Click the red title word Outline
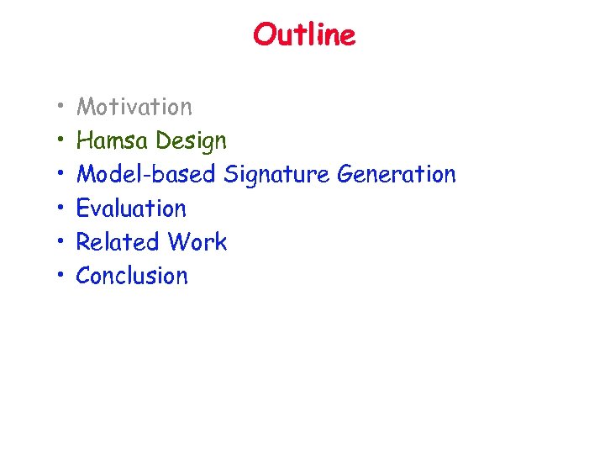pyautogui.click(x=304, y=35)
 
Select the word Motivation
pyautogui.click(x=134, y=107)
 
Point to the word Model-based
pyautogui.click(x=146, y=174)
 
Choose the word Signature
pyautogui.click(x=276, y=175)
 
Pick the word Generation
pyautogui.click(x=396, y=174)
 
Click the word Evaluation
pyautogui.click(x=131, y=208)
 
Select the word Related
pyautogui.click(x=118, y=241)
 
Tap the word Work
pyautogui.click(x=197, y=241)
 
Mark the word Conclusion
pyautogui.click(x=132, y=275)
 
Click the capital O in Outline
pyautogui.click(x=263, y=35)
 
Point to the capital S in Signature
pyautogui.click(x=230, y=174)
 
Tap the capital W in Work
pyautogui.click(x=179, y=241)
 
